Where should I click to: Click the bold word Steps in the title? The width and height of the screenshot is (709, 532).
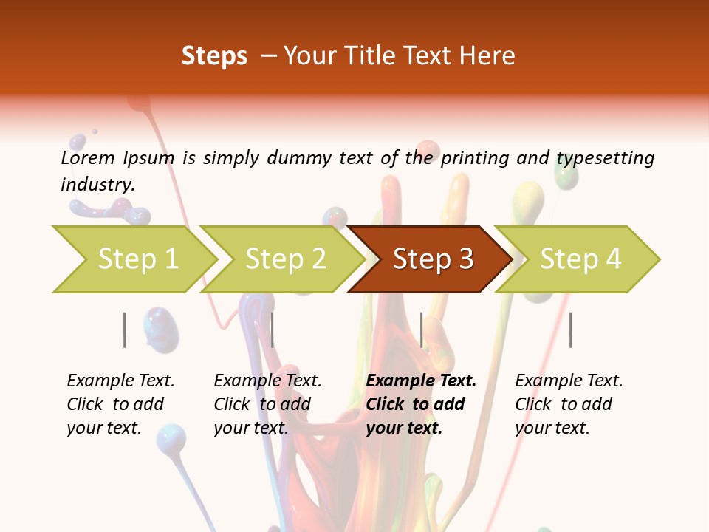coord(214,56)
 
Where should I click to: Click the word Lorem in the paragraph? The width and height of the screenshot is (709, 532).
coord(88,157)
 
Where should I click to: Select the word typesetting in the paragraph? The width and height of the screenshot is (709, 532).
coord(604,158)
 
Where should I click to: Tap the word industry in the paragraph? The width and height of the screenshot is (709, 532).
coord(97,185)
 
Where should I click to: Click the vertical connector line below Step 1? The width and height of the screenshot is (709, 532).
coord(125,330)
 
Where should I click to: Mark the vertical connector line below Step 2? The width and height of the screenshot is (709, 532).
coord(273,330)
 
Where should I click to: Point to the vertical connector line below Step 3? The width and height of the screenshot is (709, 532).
coord(421,330)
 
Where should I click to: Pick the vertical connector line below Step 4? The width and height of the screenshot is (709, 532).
coord(570,330)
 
